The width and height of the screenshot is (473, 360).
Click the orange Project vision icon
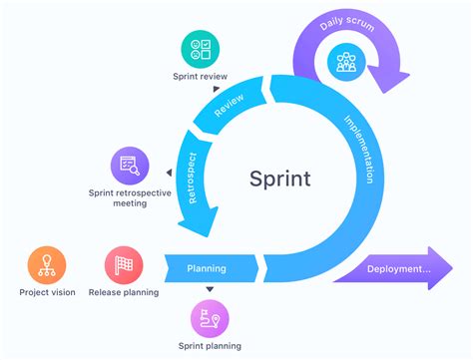pyautogui.click(x=47, y=265)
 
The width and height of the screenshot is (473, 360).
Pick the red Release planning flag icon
pyautogui.click(x=124, y=265)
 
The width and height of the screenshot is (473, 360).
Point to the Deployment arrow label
pyautogui.click(x=398, y=270)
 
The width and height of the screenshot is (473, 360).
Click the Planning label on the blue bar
pyautogui.click(x=207, y=268)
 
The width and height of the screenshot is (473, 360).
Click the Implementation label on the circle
pyautogui.click(x=356, y=151)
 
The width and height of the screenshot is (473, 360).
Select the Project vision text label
pyautogui.click(x=47, y=292)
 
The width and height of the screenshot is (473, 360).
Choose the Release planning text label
pyautogui.click(x=124, y=292)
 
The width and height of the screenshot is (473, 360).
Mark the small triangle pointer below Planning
pyautogui.click(x=210, y=290)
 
